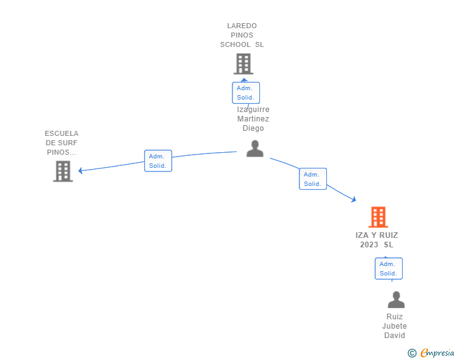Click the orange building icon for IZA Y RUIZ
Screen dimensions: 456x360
click(378, 217)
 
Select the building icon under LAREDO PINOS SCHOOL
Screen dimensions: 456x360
click(244, 64)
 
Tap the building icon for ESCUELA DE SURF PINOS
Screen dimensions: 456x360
click(63, 172)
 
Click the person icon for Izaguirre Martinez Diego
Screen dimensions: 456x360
click(255, 148)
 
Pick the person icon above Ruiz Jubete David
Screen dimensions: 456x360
click(396, 299)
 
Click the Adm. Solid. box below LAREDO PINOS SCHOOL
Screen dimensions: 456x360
click(246, 93)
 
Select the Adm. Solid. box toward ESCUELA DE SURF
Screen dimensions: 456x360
click(158, 161)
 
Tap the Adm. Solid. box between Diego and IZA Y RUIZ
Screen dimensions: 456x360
click(313, 179)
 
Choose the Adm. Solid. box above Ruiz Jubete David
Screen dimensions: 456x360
click(388, 269)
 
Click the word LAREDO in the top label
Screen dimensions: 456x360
click(242, 26)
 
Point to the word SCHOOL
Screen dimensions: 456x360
click(236, 44)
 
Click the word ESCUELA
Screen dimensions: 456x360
click(61, 133)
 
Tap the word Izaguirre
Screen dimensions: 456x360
click(253, 110)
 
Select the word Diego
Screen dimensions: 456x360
click(253, 128)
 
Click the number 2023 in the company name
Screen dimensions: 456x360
click(369, 245)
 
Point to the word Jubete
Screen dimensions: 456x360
click(395, 326)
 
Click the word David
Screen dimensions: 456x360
click(395, 336)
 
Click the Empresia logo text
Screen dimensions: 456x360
click(437, 353)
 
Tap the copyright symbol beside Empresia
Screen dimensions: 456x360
click(412, 353)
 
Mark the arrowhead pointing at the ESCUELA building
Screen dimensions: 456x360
click(81, 170)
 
